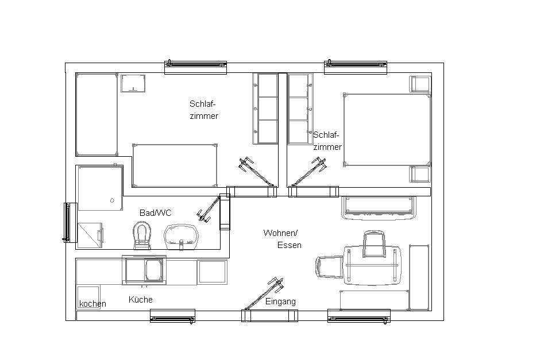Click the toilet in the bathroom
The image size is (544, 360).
pos(142,236)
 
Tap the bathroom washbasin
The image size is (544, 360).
pos(181,237)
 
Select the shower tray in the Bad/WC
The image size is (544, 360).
pos(101,188)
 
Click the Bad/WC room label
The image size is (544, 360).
pos(156,212)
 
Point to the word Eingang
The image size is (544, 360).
pos(280,302)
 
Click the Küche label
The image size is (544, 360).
pos(141,299)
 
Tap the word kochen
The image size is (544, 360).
pos(92,304)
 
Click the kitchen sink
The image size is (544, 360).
pos(144,270)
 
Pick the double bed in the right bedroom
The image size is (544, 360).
pos(387,130)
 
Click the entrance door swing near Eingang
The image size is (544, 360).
pos(264,293)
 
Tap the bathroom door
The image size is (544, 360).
pos(209,209)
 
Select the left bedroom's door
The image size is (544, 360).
pos(256,172)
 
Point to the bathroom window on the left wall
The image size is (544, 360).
pos(70,223)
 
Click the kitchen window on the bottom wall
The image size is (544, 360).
pos(172,316)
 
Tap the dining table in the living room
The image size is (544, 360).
pos(372,265)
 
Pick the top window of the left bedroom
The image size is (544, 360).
pos(195,67)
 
